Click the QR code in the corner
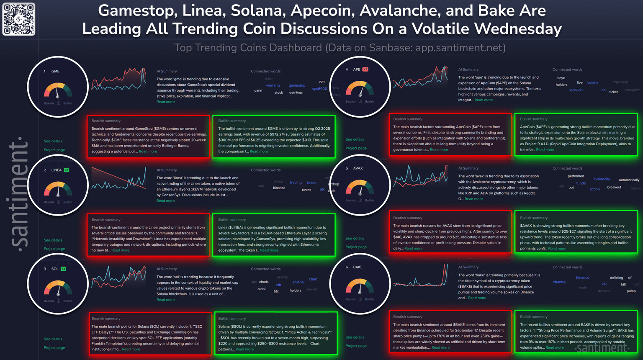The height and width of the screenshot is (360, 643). [x=19, y=19]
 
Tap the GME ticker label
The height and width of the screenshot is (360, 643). [x=55, y=71]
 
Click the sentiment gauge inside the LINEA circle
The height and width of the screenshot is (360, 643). [x=58, y=189]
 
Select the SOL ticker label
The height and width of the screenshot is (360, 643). [x=55, y=269]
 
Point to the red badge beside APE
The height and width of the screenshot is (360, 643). [x=365, y=69]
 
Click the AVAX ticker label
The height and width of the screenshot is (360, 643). [x=358, y=168]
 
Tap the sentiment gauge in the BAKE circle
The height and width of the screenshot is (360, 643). [x=360, y=287]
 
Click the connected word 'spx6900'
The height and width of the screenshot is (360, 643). [x=319, y=89]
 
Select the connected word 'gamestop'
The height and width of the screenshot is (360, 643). [x=297, y=85]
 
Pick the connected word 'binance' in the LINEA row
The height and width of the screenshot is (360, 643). [x=279, y=188]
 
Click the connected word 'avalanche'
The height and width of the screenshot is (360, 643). [x=602, y=179]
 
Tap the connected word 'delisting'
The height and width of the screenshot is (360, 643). [x=616, y=278]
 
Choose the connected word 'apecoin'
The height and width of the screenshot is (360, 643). [x=576, y=90]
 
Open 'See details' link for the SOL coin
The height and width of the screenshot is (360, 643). [x=53, y=339]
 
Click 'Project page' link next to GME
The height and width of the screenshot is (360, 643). [x=54, y=150]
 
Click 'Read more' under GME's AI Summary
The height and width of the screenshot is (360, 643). [x=165, y=102]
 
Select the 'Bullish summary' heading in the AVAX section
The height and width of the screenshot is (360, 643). [x=533, y=218]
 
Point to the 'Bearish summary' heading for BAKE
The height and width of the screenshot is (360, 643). [x=407, y=316]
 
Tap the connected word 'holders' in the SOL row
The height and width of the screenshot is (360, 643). [x=295, y=290]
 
